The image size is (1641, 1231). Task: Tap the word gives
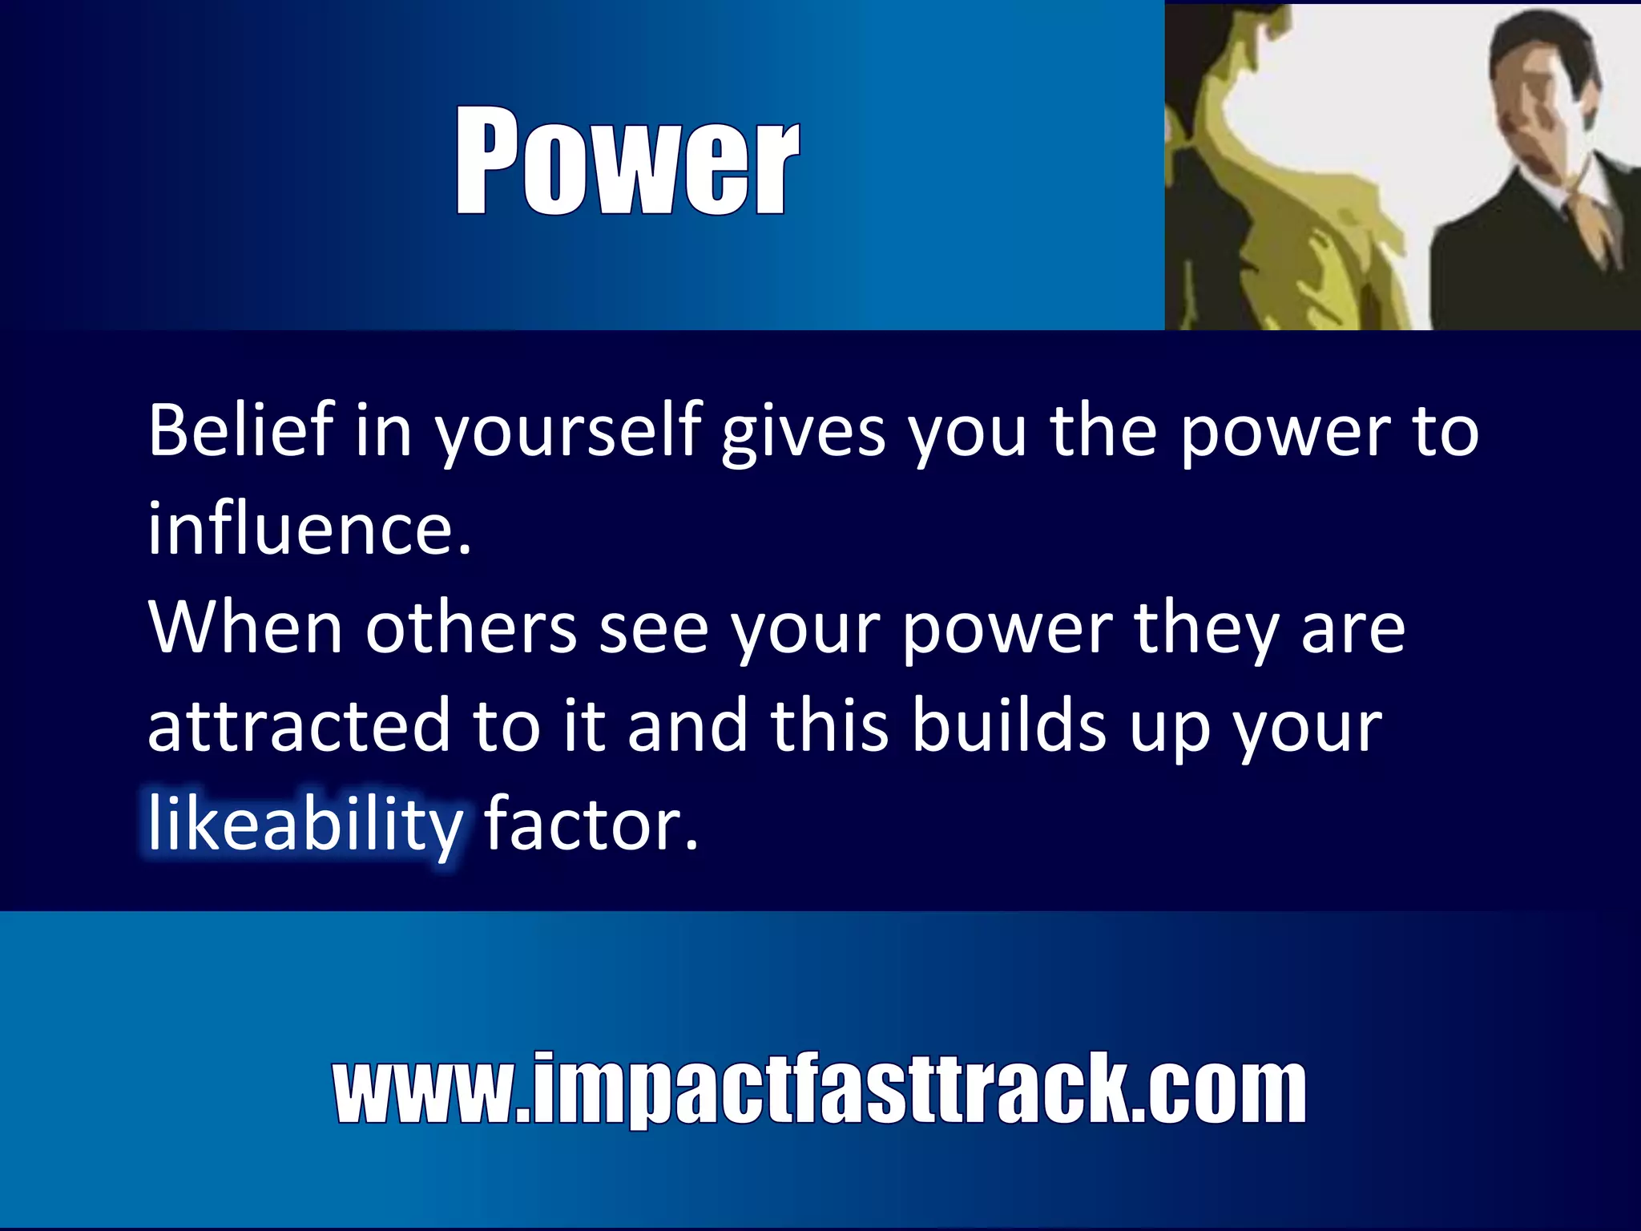804,433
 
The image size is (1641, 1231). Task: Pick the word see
654,629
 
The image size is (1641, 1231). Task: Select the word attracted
300,726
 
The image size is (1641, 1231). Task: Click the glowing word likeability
305,825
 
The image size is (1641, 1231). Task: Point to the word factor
591,825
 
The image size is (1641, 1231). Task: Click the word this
830,726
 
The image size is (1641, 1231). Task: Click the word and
687,726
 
